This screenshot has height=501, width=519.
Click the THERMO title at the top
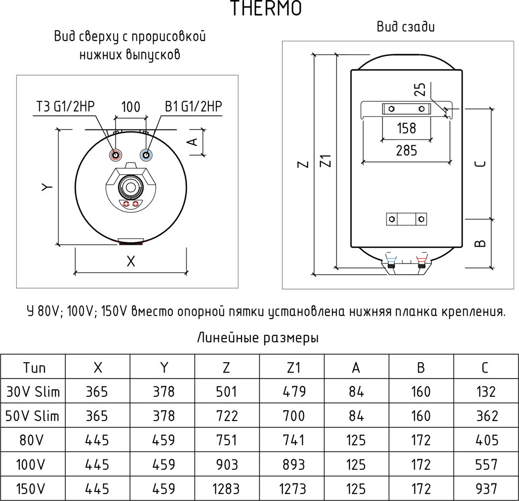(x=266, y=9)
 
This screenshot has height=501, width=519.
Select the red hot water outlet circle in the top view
(x=116, y=155)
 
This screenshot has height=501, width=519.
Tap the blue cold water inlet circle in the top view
(x=146, y=155)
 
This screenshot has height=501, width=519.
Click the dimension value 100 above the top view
(x=130, y=107)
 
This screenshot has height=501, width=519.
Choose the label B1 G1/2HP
(x=194, y=107)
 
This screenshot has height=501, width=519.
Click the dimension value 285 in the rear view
(x=406, y=151)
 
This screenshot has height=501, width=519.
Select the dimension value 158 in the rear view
(x=406, y=128)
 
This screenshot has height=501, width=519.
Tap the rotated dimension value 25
(x=420, y=89)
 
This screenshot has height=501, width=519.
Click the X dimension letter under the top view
(x=130, y=262)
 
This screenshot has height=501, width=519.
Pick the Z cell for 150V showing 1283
(x=226, y=489)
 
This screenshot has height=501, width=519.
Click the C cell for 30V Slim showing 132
(x=486, y=392)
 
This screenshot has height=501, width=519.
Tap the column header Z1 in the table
(x=292, y=368)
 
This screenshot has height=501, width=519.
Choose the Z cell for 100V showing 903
(x=227, y=465)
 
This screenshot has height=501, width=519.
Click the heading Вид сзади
(x=406, y=27)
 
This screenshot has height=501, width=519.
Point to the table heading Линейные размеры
(x=258, y=338)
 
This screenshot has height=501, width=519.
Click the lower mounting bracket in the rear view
(x=406, y=219)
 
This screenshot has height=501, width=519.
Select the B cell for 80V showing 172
(x=421, y=440)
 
